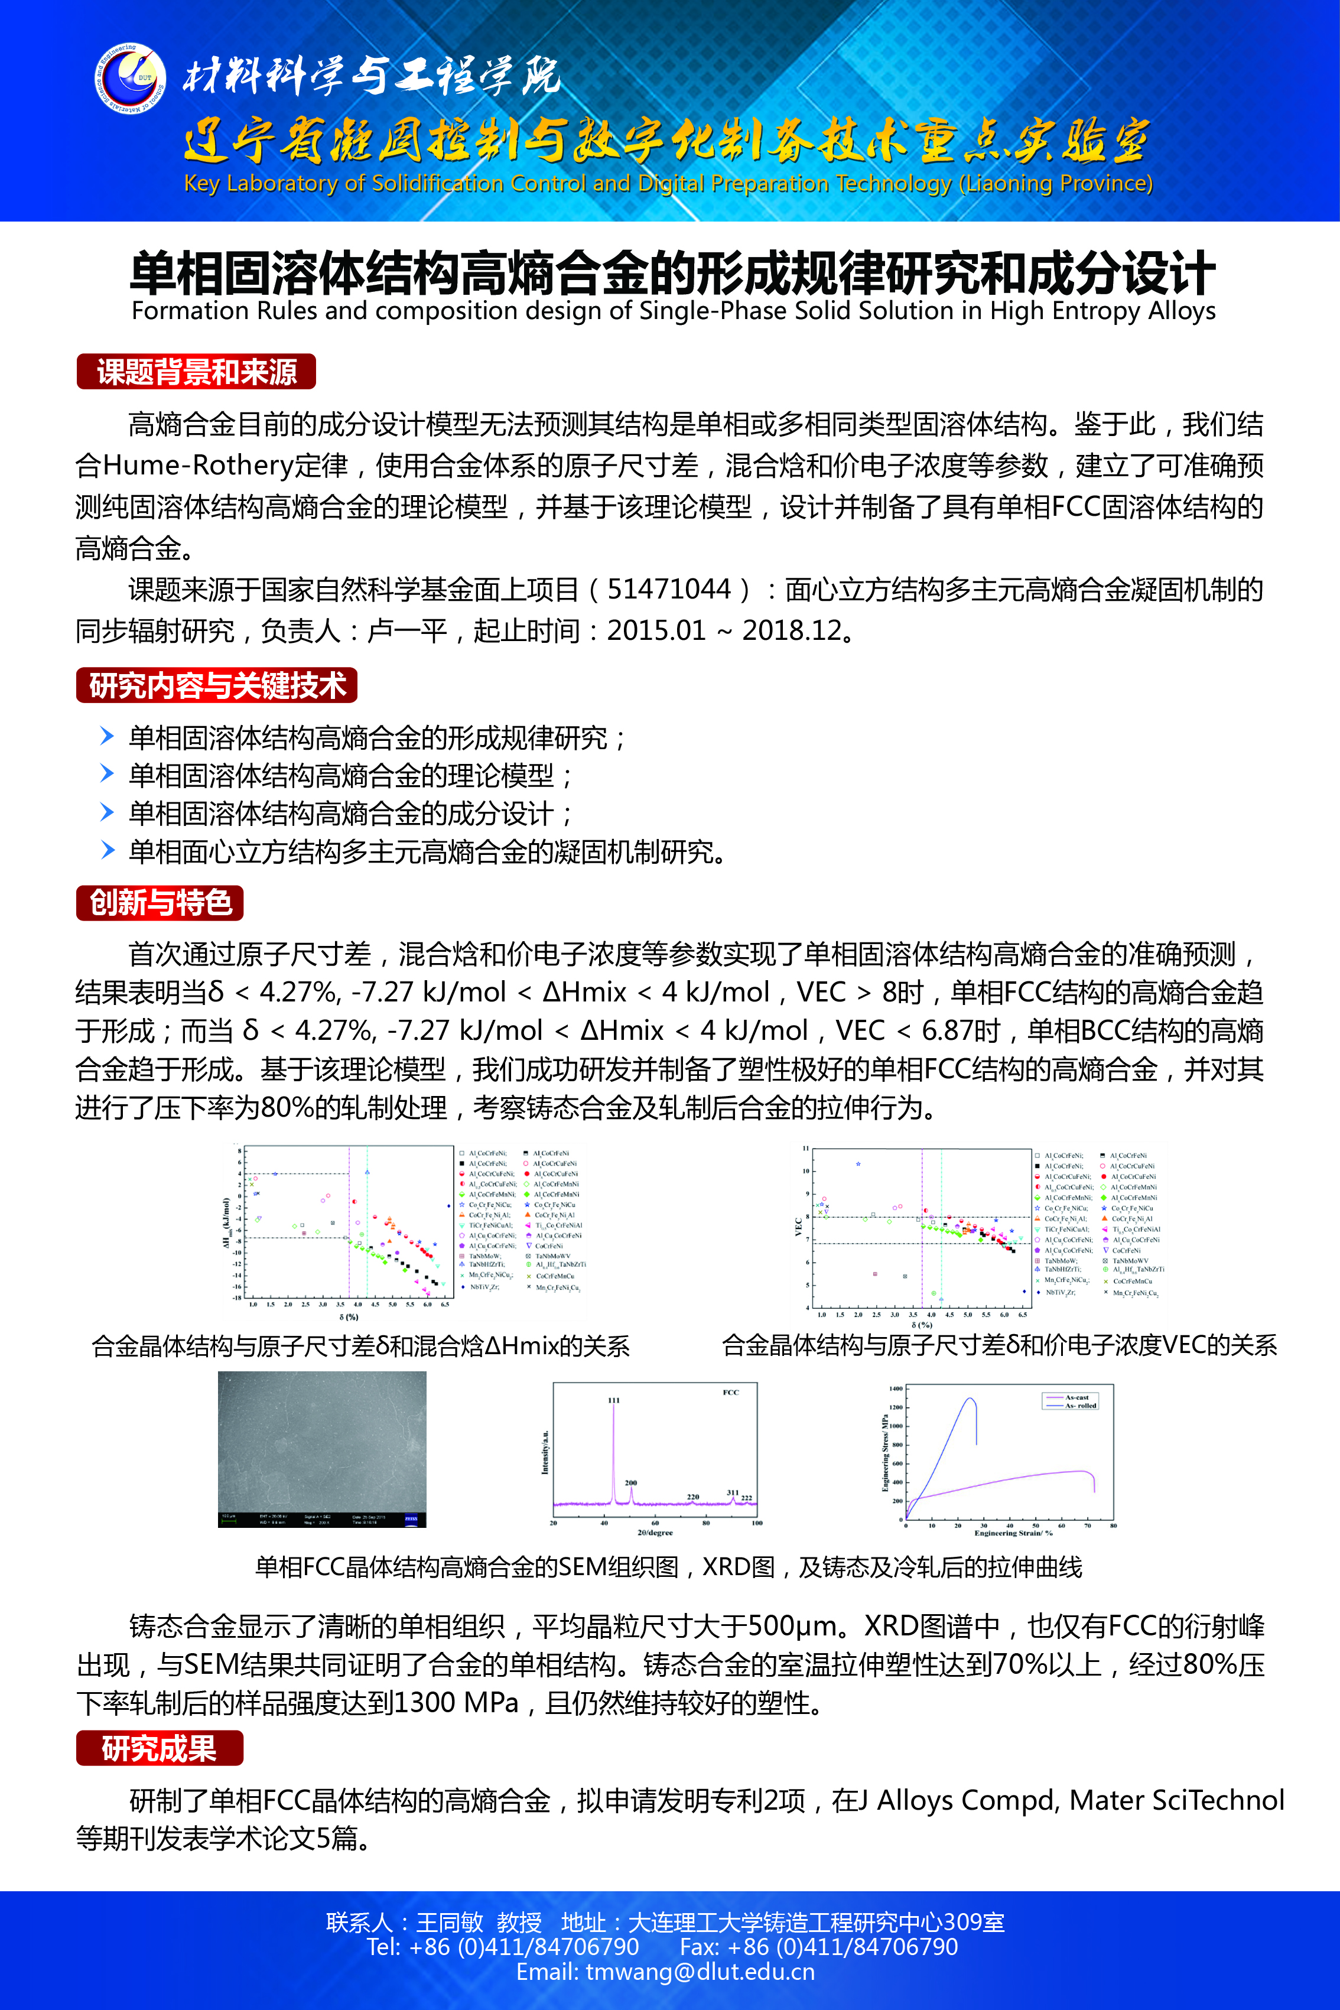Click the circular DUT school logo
point(130,79)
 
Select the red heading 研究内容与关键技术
point(216,685)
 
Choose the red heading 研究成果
point(159,1748)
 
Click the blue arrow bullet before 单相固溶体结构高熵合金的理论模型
point(107,773)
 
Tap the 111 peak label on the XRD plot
point(614,1400)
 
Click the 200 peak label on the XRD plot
point(630,1483)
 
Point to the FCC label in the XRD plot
point(731,1392)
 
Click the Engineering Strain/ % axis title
point(1013,1533)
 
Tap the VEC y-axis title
point(798,1227)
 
